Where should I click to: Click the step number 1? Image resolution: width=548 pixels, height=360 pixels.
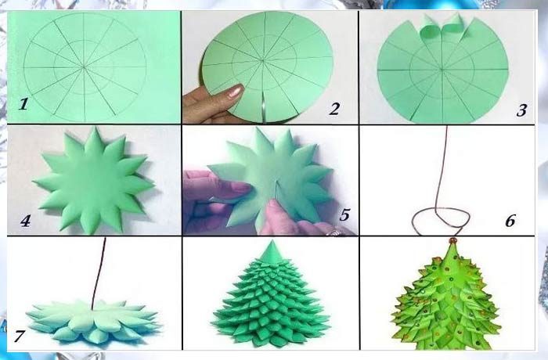click(x=23, y=104)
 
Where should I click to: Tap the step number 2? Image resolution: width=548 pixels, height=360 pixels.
click(x=334, y=109)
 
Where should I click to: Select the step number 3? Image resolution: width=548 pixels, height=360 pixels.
click(x=521, y=110)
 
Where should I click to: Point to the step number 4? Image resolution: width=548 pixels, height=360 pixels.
click(x=25, y=221)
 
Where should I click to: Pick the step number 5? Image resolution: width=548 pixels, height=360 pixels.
click(x=344, y=214)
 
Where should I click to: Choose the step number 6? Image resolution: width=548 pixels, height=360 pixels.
click(x=510, y=221)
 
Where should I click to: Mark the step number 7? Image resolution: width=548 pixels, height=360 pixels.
click(x=20, y=337)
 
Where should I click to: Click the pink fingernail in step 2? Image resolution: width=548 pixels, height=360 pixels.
click(x=235, y=92)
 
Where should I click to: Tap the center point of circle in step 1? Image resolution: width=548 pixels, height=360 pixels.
click(x=84, y=67)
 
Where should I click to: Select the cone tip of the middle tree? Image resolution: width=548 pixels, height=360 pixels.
click(x=272, y=241)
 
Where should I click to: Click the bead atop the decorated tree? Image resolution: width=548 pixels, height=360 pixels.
click(x=453, y=240)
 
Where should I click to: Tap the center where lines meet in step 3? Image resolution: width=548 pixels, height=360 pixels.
click(x=442, y=70)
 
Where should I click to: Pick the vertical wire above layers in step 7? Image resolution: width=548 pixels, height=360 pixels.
click(x=99, y=273)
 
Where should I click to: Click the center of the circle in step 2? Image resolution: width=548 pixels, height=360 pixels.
click(x=263, y=61)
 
